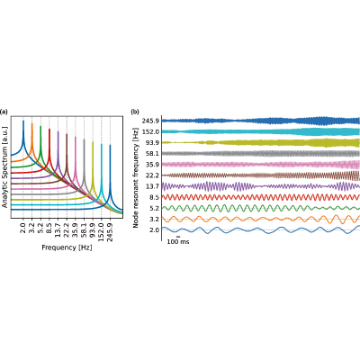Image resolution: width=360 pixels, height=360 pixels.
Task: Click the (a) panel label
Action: (4, 112)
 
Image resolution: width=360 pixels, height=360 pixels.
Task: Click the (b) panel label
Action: (135, 112)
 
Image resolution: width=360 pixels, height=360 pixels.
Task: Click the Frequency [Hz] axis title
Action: (67, 247)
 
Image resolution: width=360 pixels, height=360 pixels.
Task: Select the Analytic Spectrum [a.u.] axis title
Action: (4, 166)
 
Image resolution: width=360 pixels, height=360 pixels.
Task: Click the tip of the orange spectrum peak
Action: (32, 123)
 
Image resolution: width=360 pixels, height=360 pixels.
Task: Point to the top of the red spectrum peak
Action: (49, 129)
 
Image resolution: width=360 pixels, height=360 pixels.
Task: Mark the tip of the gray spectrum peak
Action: (85, 139)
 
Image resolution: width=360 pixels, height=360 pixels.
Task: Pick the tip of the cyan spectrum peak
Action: (102, 144)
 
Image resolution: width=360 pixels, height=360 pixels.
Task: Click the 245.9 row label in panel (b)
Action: (151, 121)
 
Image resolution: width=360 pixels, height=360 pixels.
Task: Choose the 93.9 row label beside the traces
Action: (153, 142)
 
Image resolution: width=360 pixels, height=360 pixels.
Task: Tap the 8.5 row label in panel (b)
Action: (155, 197)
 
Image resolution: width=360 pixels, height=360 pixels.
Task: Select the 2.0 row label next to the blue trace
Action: (155, 230)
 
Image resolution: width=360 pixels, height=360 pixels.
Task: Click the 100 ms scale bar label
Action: (178, 241)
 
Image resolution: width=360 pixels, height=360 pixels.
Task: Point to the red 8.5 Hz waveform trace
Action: (261, 197)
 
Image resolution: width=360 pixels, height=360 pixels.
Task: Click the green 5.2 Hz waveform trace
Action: (261, 208)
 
